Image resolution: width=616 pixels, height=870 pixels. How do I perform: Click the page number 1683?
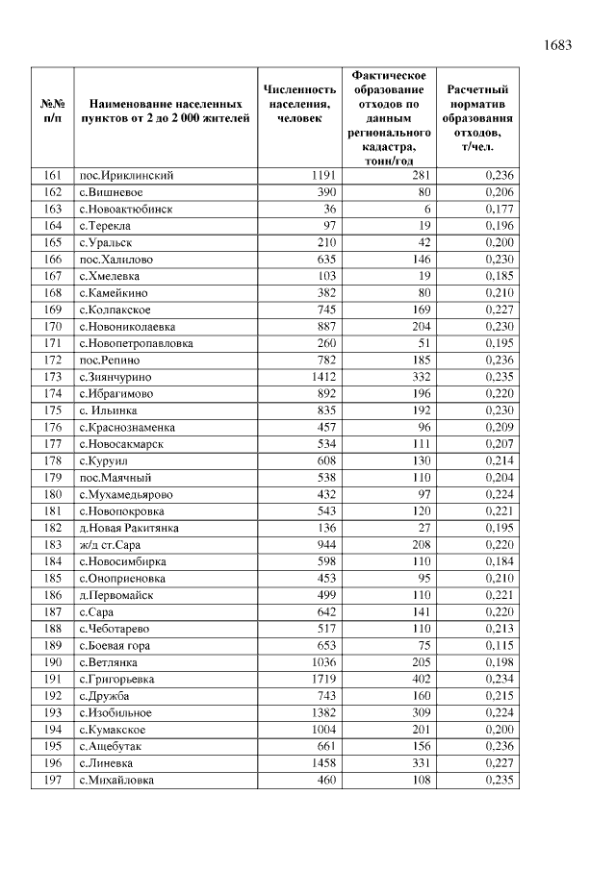click(x=557, y=45)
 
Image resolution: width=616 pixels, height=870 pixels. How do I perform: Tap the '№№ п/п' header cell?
click(x=52, y=111)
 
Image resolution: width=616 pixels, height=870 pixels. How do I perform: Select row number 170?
click(x=52, y=327)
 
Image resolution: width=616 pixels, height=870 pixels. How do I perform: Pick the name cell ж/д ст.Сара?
click(x=110, y=545)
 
